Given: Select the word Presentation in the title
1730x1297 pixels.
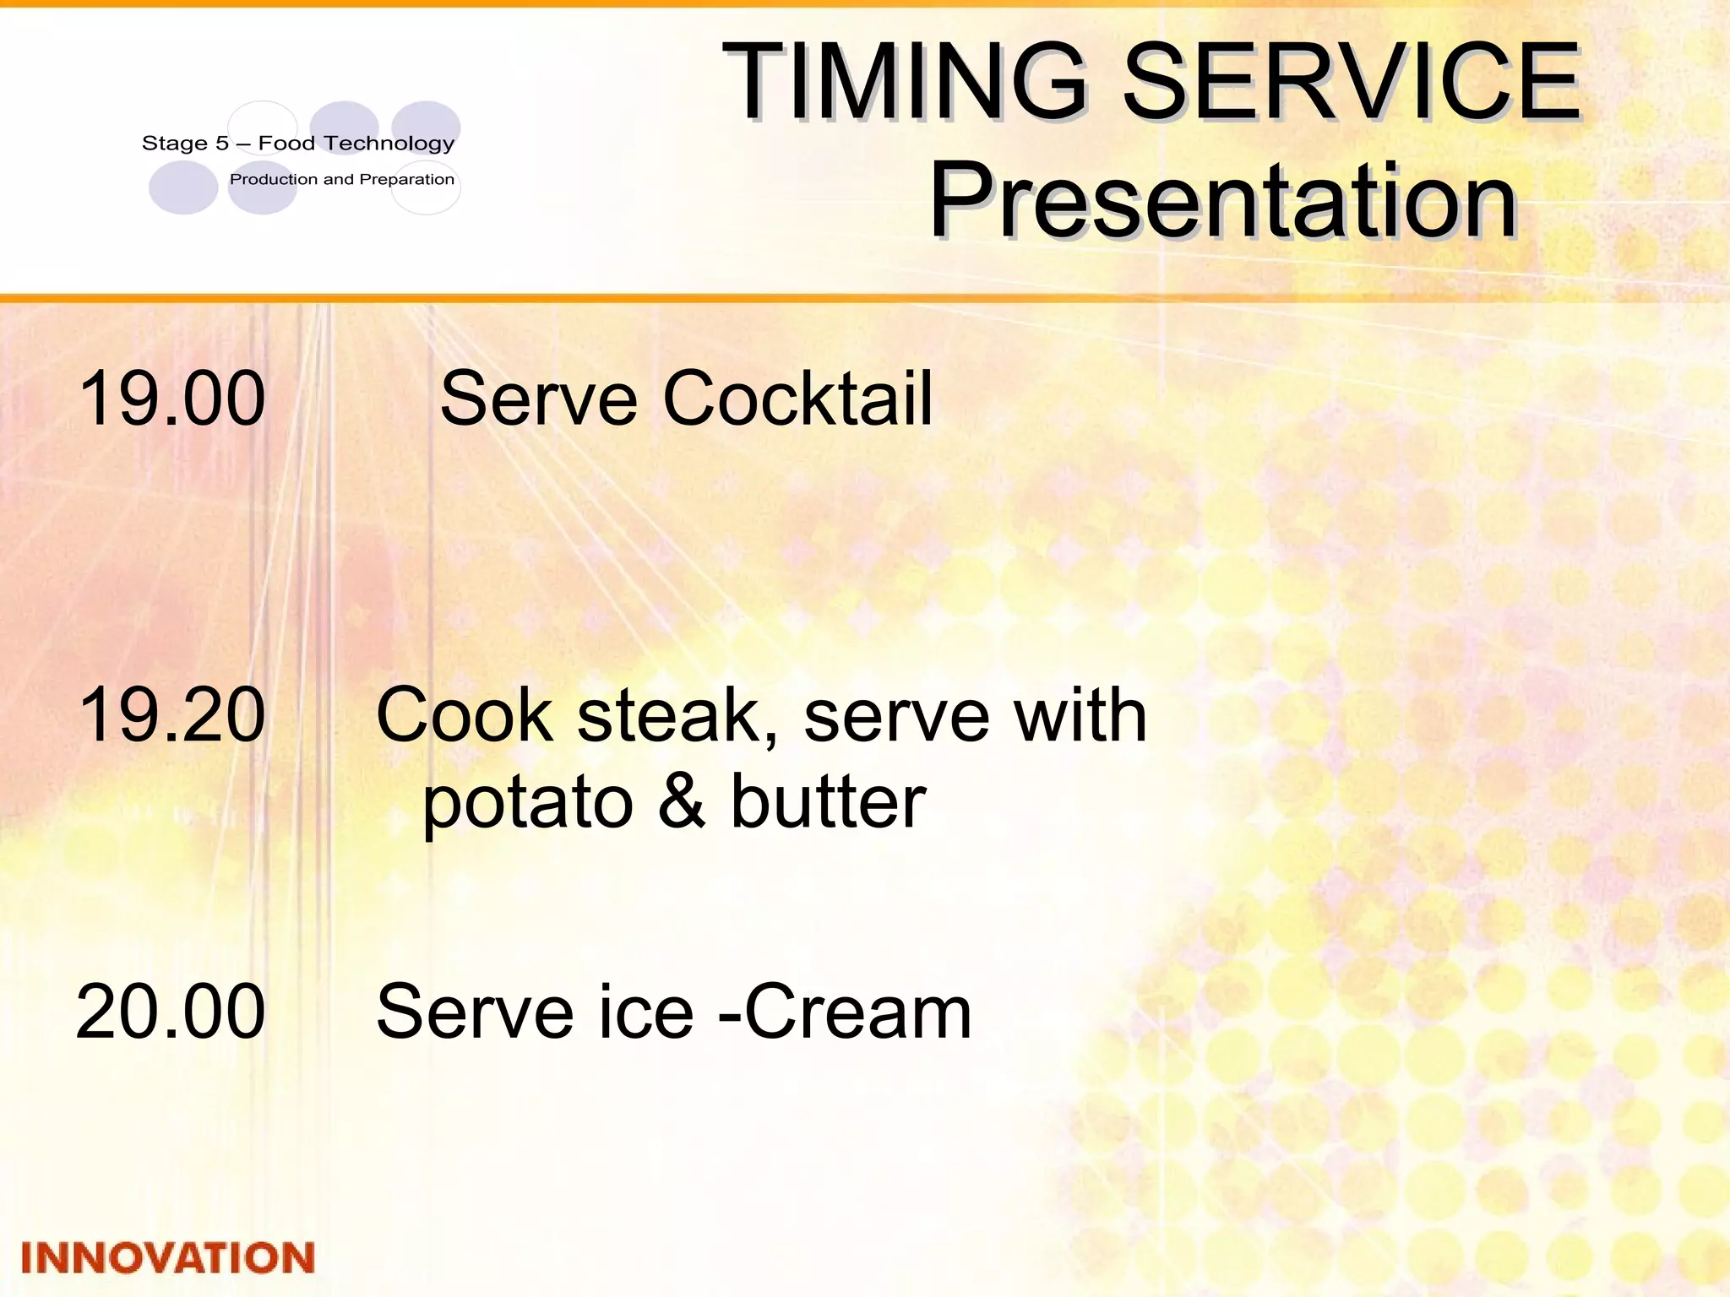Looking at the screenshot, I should [1222, 203].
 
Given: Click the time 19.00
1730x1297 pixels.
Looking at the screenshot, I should [172, 398].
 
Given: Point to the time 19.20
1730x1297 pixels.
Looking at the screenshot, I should [172, 715].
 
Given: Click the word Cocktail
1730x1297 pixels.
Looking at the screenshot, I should [797, 398].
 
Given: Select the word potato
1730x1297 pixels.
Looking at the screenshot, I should [528, 802].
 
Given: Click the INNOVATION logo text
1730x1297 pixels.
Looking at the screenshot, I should [168, 1258].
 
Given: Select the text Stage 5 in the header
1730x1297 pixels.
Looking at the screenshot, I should [185, 144].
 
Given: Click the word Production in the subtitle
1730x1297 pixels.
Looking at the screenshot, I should [274, 179].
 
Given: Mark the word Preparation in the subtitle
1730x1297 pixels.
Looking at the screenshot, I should [407, 180].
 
